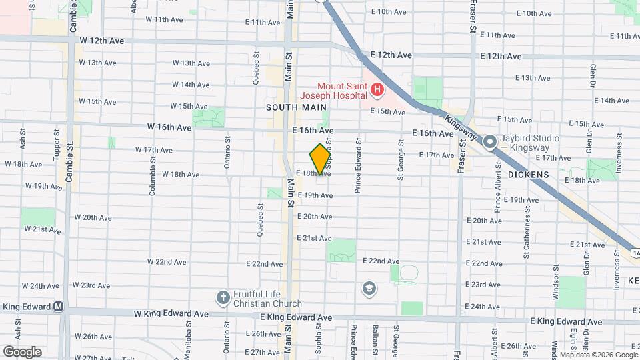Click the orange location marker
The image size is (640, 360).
coord(321,159)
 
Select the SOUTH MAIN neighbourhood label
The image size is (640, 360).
coord(297,107)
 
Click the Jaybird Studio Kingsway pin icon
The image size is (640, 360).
coord(491,142)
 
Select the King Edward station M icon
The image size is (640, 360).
coord(59,307)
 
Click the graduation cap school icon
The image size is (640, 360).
coord(368,289)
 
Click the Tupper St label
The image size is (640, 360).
coord(57,149)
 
